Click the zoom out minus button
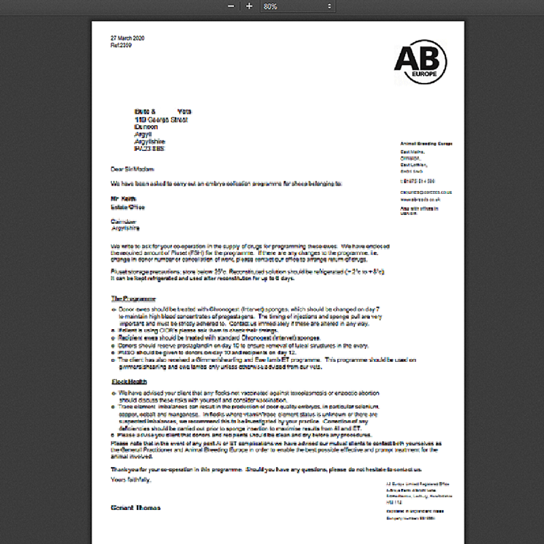click(x=231, y=6)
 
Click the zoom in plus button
click(x=249, y=6)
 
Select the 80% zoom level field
click(x=292, y=6)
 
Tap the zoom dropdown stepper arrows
click(x=330, y=6)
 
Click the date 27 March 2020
click(x=127, y=38)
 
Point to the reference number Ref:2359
click(x=122, y=45)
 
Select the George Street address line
click(x=161, y=120)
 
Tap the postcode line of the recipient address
click(x=150, y=148)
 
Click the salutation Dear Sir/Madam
click(x=133, y=169)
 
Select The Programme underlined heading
click(x=133, y=299)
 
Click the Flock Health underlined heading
click(x=130, y=382)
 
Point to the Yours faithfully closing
click(x=131, y=480)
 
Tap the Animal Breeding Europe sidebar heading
click(x=426, y=144)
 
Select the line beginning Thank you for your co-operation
click(x=265, y=469)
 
